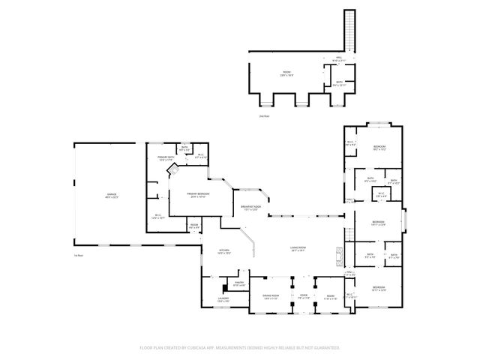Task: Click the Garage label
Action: (x=111, y=195)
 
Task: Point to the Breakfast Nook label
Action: (x=250, y=208)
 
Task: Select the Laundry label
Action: (x=223, y=300)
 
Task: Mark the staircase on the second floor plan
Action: (x=349, y=30)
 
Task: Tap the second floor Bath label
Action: (x=339, y=83)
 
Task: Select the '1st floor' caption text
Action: (x=78, y=256)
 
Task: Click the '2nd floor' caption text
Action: (x=263, y=116)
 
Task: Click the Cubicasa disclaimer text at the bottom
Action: (x=239, y=348)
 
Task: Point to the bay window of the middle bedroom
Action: (x=406, y=223)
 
